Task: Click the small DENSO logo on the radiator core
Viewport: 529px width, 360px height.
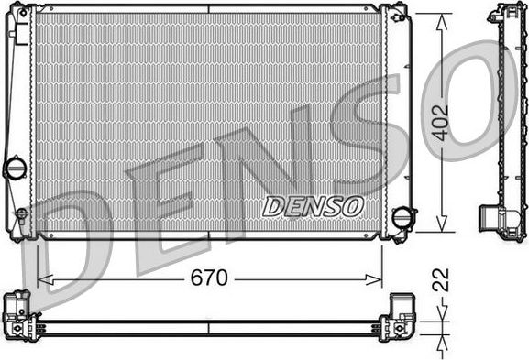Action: [314, 206]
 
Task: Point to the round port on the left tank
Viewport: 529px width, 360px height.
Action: [16, 168]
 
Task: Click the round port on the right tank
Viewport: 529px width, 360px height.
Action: [402, 218]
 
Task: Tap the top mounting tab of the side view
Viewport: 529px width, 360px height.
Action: [507, 12]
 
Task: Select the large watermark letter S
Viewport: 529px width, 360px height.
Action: [367, 137]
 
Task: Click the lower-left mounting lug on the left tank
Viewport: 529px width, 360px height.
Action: [20, 220]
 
